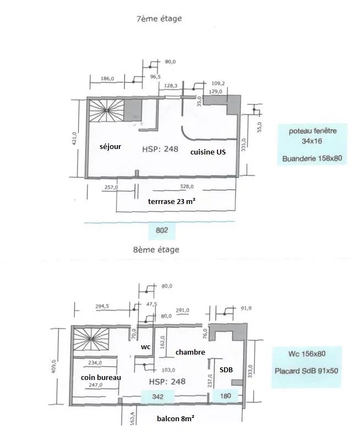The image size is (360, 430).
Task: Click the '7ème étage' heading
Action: [x=159, y=19]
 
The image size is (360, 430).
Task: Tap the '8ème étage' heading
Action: [x=156, y=250]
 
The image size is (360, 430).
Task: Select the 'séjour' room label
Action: [x=111, y=147]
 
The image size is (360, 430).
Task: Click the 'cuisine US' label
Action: [x=208, y=152]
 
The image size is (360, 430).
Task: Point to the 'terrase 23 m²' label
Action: [x=172, y=202]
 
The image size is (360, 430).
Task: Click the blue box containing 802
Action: [x=162, y=230]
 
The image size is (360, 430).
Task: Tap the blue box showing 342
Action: [x=157, y=396]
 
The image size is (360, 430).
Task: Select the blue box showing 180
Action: [x=225, y=396]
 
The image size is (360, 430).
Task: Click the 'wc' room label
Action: [x=145, y=347]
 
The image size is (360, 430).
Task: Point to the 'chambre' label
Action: [x=190, y=352]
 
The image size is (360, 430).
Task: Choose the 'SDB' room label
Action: [x=226, y=370]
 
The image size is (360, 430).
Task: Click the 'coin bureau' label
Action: [x=101, y=377]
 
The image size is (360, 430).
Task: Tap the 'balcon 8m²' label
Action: [x=176, y=418]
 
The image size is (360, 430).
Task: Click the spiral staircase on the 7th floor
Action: [x=107, y=111]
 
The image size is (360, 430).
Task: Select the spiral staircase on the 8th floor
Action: [x=91, y=339]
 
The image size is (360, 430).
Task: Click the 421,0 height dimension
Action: [x=74, y=138]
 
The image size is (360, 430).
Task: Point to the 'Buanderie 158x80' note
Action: [x=312, y=158]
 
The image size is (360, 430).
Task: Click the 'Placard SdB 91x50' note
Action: [x=307, y=371]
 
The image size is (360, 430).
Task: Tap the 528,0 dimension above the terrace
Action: [x=187, y=186]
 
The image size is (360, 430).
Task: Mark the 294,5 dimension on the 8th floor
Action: [x=102, y=306]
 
